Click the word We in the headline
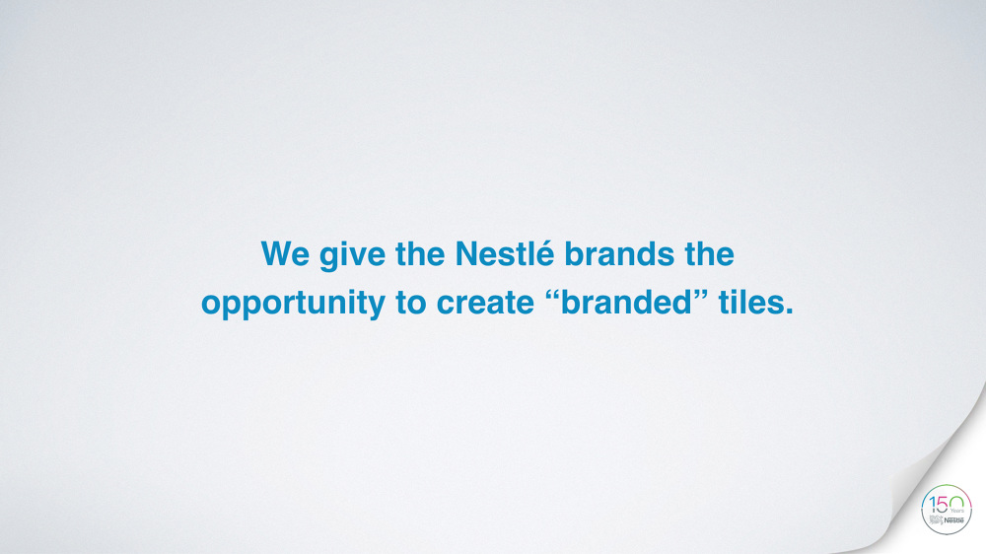tap(285, 254)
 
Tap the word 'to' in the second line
tap(412, 303)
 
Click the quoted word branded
tap(630, 302)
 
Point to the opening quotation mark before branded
tap(555, 294)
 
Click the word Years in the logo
tap(957, 512)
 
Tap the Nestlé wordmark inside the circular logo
tap(954, 520)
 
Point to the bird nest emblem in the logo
tap(936, 519)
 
